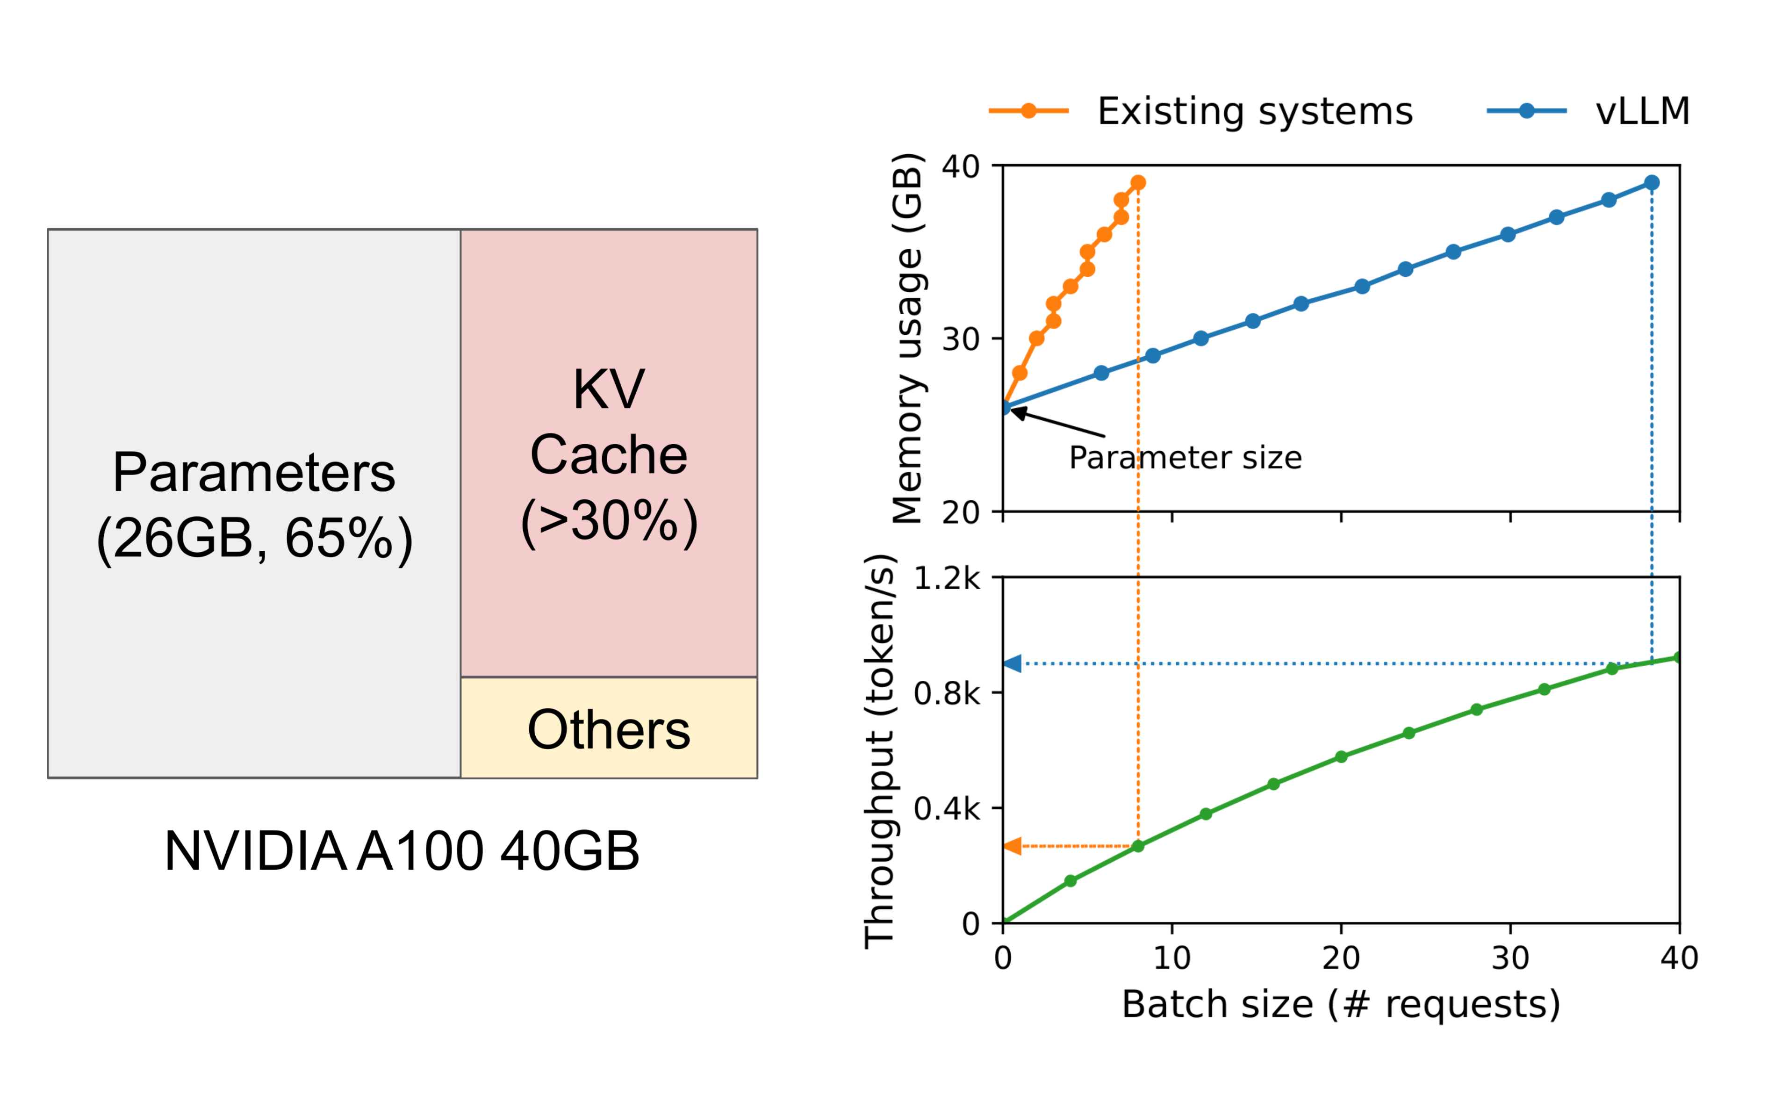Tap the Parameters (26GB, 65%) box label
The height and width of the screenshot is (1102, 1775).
[254, 505]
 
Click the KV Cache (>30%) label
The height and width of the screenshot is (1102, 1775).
[609, 455]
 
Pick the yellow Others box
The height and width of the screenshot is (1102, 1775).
[609, 729]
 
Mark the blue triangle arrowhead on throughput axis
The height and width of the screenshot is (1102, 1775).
[1012, 664]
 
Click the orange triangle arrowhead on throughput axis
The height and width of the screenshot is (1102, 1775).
[1012, 846]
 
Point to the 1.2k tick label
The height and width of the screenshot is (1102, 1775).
[947, 579]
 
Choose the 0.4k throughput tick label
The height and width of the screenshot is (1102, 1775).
[947, 809]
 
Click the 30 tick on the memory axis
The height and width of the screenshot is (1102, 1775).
[960, 339]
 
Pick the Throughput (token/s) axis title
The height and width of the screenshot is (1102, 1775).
[879, 751]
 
